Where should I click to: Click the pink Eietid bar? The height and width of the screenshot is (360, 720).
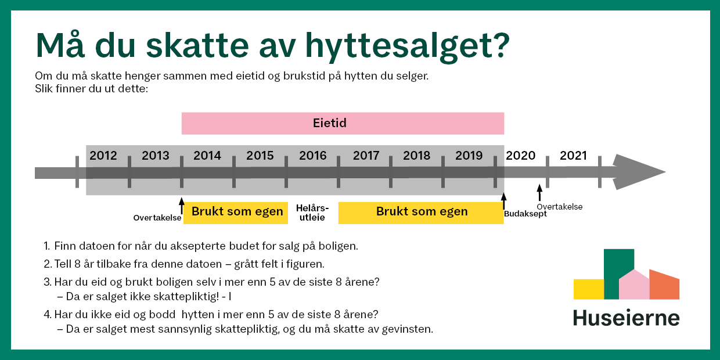coord(343,124)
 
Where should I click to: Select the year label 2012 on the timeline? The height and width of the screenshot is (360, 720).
coord(103,156)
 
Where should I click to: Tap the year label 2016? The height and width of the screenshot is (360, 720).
coord(312,156)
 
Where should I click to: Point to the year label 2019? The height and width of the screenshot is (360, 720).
coord(469,156)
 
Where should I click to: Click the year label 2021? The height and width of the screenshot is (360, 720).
coord(573,156)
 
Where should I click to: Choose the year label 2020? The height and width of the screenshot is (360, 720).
coord(520,156)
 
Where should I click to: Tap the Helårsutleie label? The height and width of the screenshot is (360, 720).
coord(312,213)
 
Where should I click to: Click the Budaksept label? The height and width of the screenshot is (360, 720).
coord(525,214)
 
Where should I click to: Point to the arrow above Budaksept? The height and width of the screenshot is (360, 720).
coord(503,201)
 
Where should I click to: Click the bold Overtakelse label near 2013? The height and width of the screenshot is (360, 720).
coord(157,218)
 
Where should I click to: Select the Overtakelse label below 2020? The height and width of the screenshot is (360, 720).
coord(559,207)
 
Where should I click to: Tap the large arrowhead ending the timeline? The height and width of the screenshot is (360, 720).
coord(639,172)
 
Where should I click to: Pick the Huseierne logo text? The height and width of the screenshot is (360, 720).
coord(626,318)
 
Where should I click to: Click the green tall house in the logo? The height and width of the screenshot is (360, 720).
coord(618,273)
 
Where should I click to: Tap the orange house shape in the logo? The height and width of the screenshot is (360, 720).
coord(664,285)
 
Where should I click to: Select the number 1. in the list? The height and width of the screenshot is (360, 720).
coord(46,246)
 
